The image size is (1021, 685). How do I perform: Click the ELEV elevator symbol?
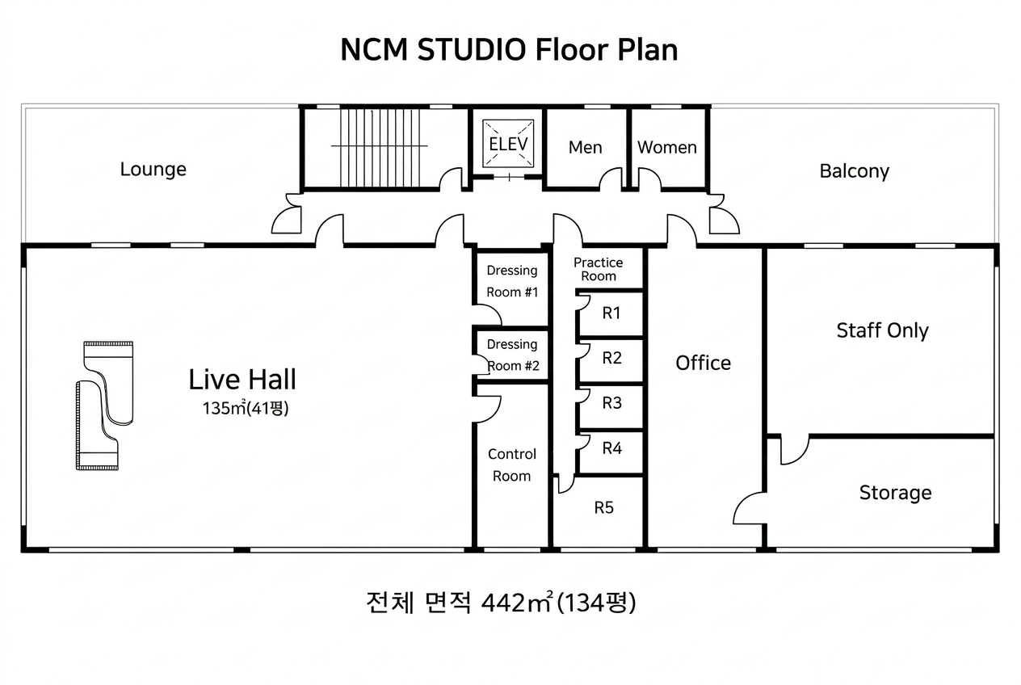click(x=508, y=144)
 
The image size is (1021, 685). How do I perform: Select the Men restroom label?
click(x=585, y=147)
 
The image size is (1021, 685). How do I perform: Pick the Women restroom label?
click(x=666, y=147)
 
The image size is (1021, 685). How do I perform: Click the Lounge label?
click(x=153, y=169)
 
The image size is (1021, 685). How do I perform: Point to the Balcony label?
click(x=854, y=170)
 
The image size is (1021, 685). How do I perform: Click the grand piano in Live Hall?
click(x=104, y=405)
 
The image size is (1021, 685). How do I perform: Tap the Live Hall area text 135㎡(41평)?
click(x=245, y=408)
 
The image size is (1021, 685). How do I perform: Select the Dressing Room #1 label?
click(x=511, y=281)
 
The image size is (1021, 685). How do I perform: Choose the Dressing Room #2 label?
click(x=511, y=355)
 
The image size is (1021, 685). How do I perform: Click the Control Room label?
click(x=511, y=464)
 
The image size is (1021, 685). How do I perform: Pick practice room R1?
click(x=611, y=313)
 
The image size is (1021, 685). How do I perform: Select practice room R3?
click(x=611, y=402)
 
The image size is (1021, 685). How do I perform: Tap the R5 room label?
click(x=603, y=507)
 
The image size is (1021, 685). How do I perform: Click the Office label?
click(x=703, y=363)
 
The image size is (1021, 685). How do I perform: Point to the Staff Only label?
click(x=882, y=330)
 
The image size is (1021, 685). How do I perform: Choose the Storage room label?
click(x=895, y=492)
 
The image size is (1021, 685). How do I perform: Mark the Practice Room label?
click(x=598, y=269)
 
